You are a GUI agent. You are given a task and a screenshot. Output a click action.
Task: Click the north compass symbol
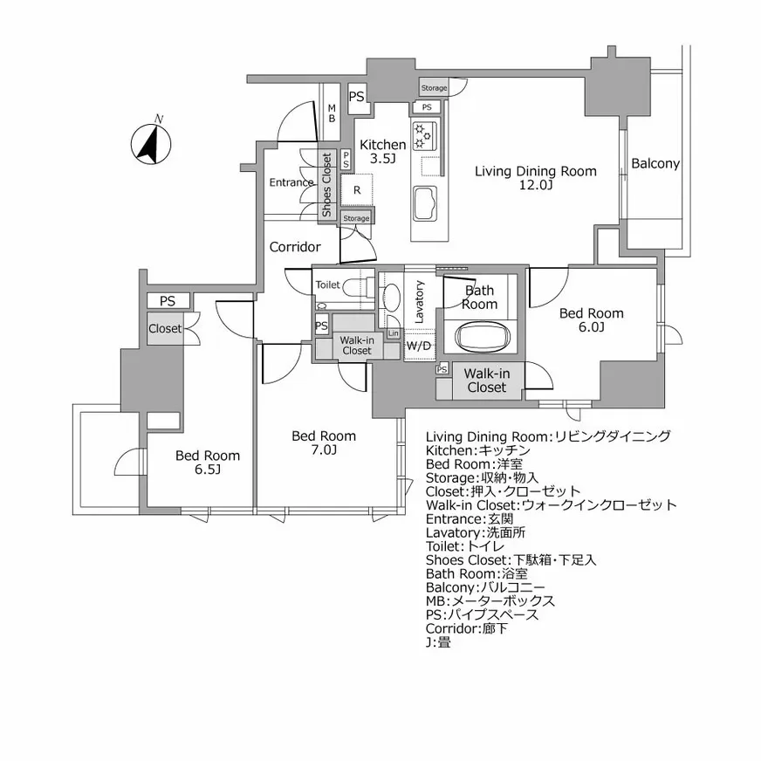pyautogui.click(x=150, y=142)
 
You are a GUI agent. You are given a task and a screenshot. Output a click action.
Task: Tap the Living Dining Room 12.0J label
pyautogui.click(x=535, y=178)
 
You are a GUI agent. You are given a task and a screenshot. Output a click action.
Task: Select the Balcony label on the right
pyautogui.click(x=655, y=163)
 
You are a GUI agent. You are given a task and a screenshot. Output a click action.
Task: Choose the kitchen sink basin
pyautogui.click(x=427, y=205)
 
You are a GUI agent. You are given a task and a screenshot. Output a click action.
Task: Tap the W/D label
pyautogui.click(x=419, y=346)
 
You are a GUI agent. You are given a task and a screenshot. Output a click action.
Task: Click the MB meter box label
pyautogui.click(x=332, y=113)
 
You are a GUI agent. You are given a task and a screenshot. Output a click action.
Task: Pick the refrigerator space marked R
pyautogui.click(x=357, y=189)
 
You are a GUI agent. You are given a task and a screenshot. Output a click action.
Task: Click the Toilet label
pyautogui.click(x=327, y=285)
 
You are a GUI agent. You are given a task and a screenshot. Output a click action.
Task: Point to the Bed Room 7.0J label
pyautogui.click(x=323, y=442)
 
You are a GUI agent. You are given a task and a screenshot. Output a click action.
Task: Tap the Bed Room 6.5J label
pyautogui.click(x=207, y=463)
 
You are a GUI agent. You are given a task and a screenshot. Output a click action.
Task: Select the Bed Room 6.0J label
pyautogui.click(x=591, y=320)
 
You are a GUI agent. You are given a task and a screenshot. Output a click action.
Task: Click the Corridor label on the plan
pyautogui.click(x=295, y=247)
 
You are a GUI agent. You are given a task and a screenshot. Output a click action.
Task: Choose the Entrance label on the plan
pyautogui.click(x=291, y=182)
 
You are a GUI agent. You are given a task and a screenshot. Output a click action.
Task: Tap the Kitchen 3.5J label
pyautogui.click(x=382, y=152)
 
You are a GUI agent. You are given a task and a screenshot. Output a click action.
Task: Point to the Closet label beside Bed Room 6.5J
pyautogui.click(x=164, y=329)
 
